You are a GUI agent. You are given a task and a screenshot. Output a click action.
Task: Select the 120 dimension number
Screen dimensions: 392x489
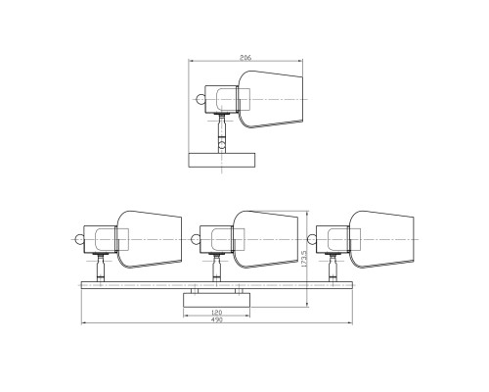216,315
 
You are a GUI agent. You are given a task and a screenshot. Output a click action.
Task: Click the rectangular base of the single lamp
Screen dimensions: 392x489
221,160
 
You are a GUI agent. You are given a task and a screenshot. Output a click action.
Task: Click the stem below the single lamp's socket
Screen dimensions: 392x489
223,127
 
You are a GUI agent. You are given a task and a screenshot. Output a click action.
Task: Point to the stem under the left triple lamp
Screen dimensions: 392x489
102,267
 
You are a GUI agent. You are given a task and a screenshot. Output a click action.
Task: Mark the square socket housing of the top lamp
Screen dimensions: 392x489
224,98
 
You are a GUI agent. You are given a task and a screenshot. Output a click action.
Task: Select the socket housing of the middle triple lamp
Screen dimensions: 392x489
215,238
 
